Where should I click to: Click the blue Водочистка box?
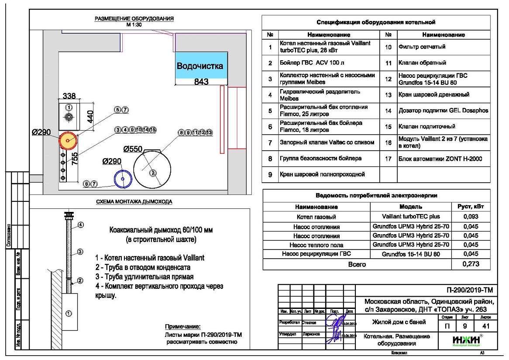click(x=202, y=66)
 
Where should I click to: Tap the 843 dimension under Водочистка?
click(x=202, y=81)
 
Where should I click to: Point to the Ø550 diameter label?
click(x=133, y=149)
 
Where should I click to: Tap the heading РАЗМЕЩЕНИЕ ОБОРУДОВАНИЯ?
click(x=134, y=19)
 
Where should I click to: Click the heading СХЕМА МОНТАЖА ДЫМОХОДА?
click(x=134, y=202)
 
